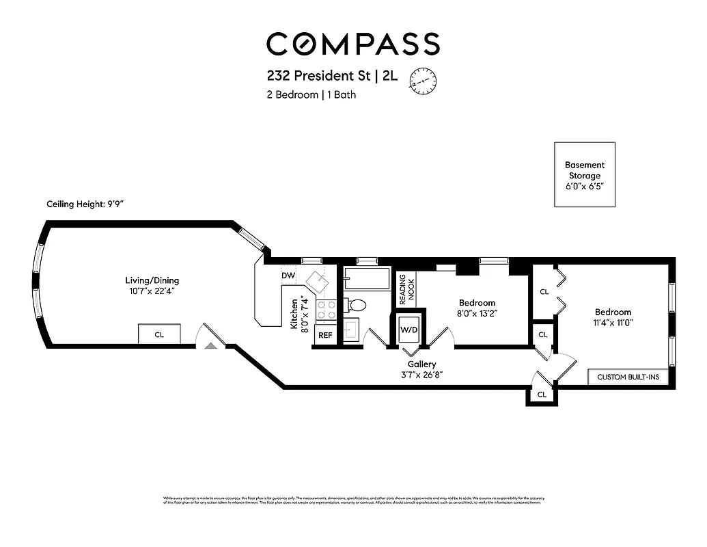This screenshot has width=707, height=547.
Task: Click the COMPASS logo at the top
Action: pos(352,44)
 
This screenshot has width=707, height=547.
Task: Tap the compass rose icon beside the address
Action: pos(423,80)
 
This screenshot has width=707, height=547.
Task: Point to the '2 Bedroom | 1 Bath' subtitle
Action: pos(311,95)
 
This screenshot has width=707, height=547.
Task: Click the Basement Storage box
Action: pos(584,174)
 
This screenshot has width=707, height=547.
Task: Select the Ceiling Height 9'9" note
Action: pos(85,204)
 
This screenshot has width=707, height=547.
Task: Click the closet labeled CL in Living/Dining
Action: pos(159,334)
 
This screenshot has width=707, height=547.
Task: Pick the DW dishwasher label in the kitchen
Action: pos(288,276)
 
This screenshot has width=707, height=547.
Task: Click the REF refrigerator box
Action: pos(325,336)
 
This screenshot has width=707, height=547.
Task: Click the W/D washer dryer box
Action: pos(409,330)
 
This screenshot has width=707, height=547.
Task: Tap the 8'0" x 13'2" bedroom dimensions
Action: pos(477,315)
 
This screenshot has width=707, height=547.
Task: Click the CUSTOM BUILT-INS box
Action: pos(628,377)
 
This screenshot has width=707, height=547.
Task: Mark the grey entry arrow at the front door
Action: pos(211,347)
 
